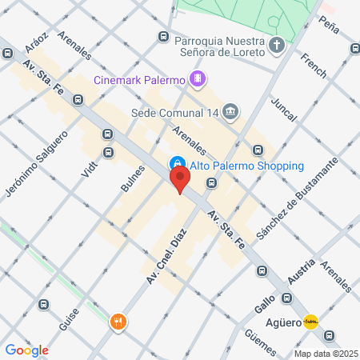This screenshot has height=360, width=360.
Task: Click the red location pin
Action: pos(180,179)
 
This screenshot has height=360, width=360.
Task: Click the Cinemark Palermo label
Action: pos(138,79)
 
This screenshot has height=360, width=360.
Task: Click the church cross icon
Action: pos(277,44)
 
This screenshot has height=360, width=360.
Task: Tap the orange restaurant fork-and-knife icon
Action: pos(118,322)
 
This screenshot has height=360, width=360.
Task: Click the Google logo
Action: pos(27,350)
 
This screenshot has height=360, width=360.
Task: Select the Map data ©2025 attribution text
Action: pos(326,354)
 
